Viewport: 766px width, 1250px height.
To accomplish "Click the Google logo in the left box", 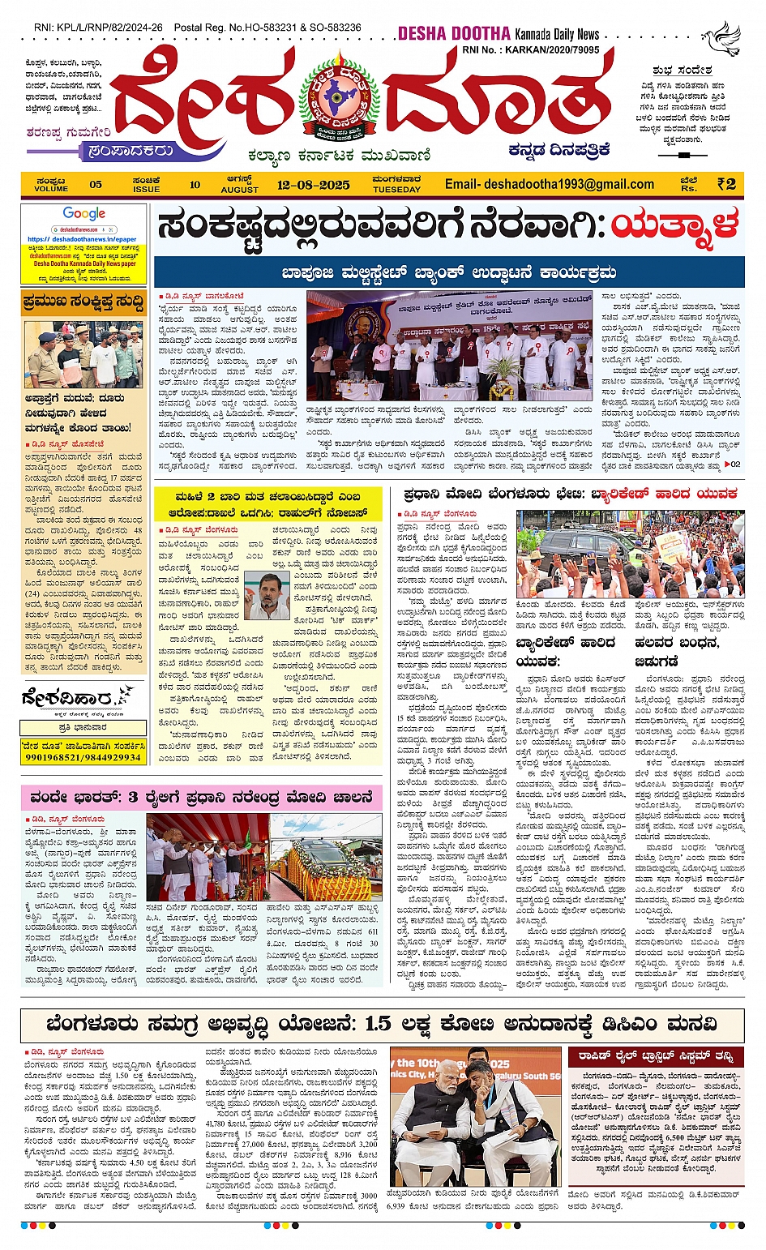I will [x=83, y=214].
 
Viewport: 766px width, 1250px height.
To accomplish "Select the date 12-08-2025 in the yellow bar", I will [x=314, y=185].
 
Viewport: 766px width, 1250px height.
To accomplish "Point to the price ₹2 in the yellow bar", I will [x=726, y=184].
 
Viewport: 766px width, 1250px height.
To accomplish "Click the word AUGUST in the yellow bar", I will [x=240, y=189].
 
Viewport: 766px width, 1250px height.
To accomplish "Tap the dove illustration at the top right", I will [x=721, y=36].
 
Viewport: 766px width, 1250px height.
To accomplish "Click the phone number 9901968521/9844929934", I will [x=83, y=756].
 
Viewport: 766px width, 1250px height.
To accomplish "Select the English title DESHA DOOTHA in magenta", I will [x=453, y=33].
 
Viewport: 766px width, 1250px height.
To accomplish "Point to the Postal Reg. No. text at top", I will [x=267, y=28].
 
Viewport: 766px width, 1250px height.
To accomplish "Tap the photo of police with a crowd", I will [x=83, y=355].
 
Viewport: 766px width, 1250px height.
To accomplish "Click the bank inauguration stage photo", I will [x=449, y=346].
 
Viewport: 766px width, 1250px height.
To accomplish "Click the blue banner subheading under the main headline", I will [x=448, y=272].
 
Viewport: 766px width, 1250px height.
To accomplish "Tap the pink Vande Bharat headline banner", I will [x=202, y=797].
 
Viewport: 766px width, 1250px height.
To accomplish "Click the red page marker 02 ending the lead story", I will [x=731, y=464].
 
